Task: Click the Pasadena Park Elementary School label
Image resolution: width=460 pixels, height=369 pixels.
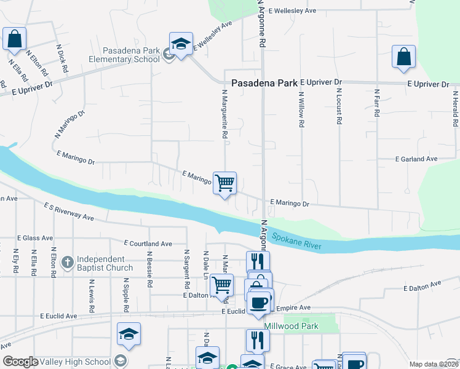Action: click(116, 55)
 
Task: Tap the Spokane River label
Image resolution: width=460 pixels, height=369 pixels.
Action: click(296, 240)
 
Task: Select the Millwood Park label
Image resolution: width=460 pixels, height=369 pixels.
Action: click(291, 326)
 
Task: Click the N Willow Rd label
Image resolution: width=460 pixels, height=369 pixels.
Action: click(301, 109)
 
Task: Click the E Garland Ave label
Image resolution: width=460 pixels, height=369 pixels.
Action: click(416, 159)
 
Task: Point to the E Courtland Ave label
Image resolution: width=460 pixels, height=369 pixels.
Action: click(148, 244)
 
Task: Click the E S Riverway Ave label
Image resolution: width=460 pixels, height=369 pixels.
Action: click(68, 212)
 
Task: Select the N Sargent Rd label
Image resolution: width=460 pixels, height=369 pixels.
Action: click(186, 270)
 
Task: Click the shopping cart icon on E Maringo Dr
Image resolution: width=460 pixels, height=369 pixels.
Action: click(224, 182)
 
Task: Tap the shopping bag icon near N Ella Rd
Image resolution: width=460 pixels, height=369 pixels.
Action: click(14, 38)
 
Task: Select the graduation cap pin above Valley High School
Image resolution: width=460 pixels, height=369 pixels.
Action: click(129, 333)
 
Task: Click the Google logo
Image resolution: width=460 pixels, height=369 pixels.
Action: click(20, 362)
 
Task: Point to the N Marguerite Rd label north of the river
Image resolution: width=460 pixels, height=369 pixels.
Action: click(225, 113)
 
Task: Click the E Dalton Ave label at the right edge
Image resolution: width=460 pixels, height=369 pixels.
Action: click(422, 285)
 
